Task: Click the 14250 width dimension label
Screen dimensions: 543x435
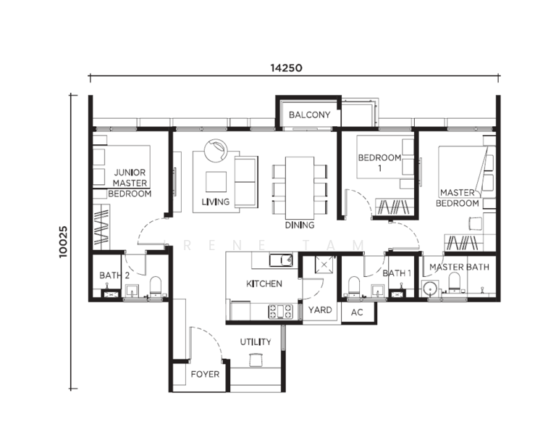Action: click(286, 67)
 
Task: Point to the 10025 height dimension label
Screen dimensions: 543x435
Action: click(63, 241)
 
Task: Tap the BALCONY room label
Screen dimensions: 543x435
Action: click(309, 115)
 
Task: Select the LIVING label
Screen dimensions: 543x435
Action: click(216, 202)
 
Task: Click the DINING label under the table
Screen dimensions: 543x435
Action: click(300, 225)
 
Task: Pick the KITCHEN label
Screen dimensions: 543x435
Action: click(264, 283)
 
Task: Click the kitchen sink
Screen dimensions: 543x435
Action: click(281, 260)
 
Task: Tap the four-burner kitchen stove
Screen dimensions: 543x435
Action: click(280, 311)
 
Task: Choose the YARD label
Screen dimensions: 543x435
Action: click(320, 310)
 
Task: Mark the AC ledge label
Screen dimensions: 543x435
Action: click(357, 312)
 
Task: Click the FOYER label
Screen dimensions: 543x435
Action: click(205, 374)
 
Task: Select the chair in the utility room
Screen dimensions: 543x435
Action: click(256, 360)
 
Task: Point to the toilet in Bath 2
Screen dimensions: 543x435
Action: click(156, 286)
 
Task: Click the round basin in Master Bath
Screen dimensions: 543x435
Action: click(430, 289)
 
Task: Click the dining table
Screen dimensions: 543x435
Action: click(300, 187)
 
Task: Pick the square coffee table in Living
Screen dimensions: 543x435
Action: click(216, 182)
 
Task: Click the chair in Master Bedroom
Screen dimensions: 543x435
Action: click(476, 223)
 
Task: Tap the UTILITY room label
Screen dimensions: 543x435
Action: click(256, 342)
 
